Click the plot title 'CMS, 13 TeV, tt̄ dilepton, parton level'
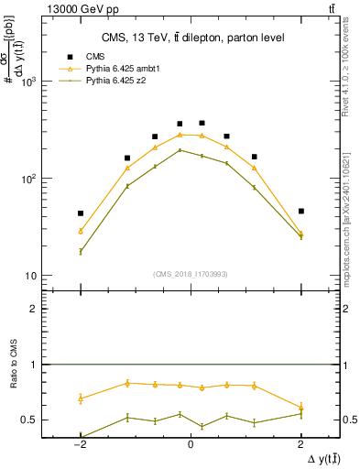(x=191, y=38)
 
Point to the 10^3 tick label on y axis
(x=29, y=82)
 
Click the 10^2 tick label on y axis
(x=29, y=179)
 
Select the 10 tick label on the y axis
(x=32, y=276)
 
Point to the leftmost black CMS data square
(x=81, y=213)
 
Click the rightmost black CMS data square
(x=300, y=211)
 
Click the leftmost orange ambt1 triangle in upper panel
(x=81, y=231)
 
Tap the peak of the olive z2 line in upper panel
(x=180, y=150)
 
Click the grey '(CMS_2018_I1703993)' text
(x=191, y=274)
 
